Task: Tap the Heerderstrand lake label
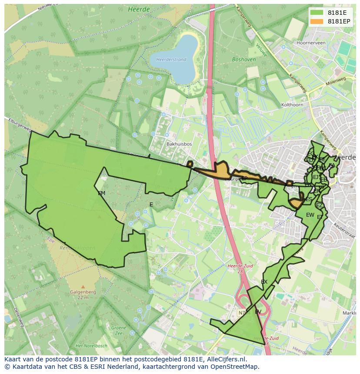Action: (x=171, y=60)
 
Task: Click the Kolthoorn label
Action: (x=292, y=105)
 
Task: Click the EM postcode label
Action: (x=101, y=193)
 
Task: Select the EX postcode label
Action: (x=264, y=282)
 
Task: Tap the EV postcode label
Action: (x=258, y=312)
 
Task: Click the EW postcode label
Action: (x=310, y=215)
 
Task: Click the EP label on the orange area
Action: (x=244, y=179)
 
